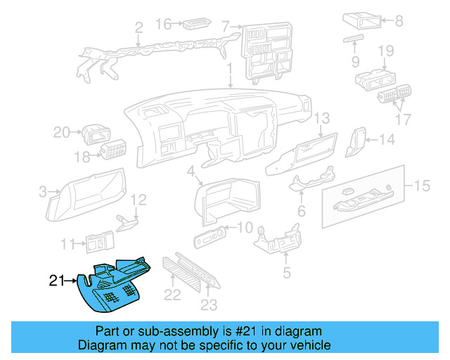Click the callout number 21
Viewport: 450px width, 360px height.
pyautogui.click(x=57, y=281)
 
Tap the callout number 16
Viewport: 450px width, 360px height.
pyautogui.click(x=162, y=25)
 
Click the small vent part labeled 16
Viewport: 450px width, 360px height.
pyautogui.click(x=193, y=26)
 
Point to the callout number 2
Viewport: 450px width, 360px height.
pyautogui.click(x=139, y=28)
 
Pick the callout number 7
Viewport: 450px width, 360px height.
pyautogui.click(x=226, y=28)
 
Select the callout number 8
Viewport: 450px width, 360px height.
pyautogui.click(x=399, y=21)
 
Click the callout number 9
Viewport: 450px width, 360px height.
pyautogui.click(x=386, y=51)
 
